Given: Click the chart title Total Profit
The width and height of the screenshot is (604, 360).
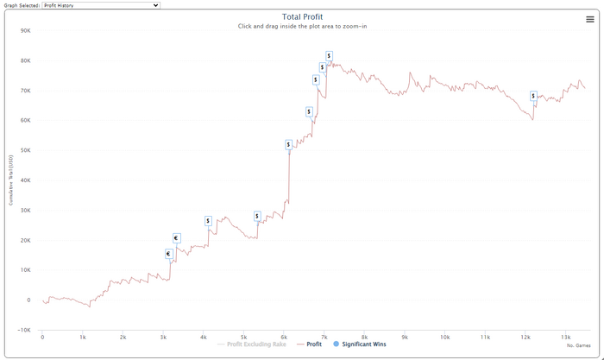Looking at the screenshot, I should click(302, 16).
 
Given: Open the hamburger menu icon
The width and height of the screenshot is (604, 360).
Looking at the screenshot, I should click(589, 19).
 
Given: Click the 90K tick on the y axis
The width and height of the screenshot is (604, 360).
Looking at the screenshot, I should click(26, 31).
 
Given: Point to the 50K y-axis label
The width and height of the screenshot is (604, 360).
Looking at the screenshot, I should click(26, 151).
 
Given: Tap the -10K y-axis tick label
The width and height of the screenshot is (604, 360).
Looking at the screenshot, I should click(24, 331).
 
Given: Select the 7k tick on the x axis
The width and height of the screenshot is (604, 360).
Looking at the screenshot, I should click(324, 337).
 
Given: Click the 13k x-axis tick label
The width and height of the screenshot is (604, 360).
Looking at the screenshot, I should click(566, 337).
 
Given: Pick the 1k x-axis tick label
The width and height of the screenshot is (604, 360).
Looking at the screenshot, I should click(82, 337).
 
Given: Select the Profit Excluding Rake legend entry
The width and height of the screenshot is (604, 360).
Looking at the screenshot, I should click(255, 344).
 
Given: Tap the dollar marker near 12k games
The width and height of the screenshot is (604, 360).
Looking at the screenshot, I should click(533, 96).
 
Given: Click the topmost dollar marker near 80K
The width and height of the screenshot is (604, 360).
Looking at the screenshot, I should click(329, 56).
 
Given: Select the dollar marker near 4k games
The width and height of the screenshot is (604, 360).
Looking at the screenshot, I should click(208, 221).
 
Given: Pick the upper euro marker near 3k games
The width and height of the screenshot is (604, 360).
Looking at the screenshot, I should click(176, 238).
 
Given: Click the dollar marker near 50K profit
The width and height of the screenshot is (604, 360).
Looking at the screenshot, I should click(288, 145).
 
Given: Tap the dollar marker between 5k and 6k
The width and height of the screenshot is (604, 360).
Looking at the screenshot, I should click(257, 216).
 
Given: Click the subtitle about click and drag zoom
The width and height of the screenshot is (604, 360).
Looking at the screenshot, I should click(302, 27).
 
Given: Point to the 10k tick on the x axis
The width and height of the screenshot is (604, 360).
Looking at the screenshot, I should click(444, 337).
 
